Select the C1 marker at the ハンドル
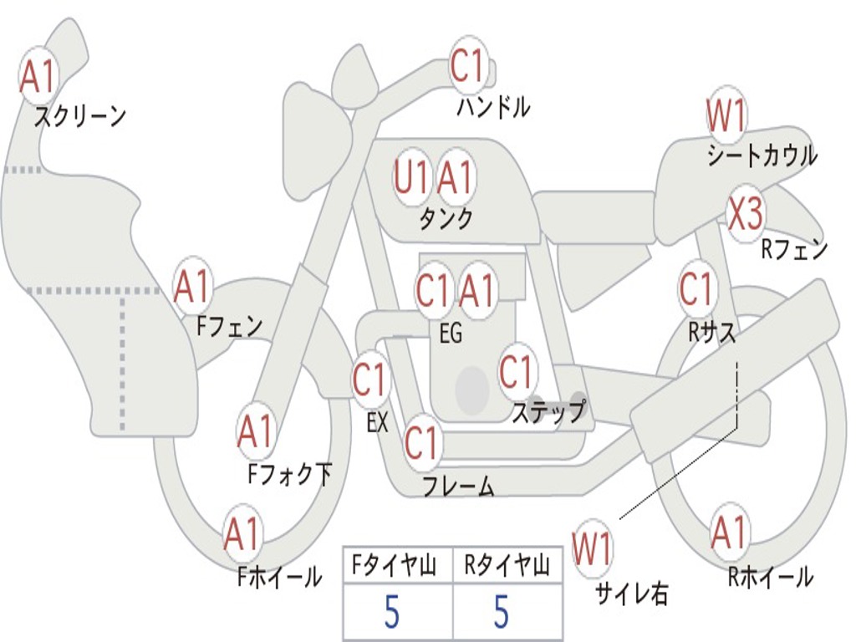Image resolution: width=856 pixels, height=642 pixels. pos(468,66)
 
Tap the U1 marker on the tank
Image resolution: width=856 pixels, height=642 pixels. pos(411,177)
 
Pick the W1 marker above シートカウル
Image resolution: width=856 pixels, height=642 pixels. pos(726,115)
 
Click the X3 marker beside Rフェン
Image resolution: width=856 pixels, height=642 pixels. pos(745,215)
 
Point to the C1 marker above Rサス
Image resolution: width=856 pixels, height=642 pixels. pos(696,289)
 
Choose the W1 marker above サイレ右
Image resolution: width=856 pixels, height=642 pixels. pos(592,549)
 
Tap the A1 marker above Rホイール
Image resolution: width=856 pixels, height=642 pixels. pos(729,532)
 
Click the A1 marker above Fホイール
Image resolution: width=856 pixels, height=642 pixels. pos(242,534)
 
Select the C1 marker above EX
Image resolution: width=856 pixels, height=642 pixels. pos(369,380)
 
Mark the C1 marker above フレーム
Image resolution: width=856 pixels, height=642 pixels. pos(421,442)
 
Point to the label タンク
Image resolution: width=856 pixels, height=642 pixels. pos(446,219)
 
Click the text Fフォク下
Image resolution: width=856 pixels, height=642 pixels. pos(290,475)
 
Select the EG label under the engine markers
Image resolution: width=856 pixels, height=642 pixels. pos(450,334)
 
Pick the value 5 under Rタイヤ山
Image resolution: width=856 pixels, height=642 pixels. pos(502,613)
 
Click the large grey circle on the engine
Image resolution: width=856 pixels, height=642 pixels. pos(471,390)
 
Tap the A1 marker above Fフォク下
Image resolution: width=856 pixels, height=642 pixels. pos(256,431)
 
